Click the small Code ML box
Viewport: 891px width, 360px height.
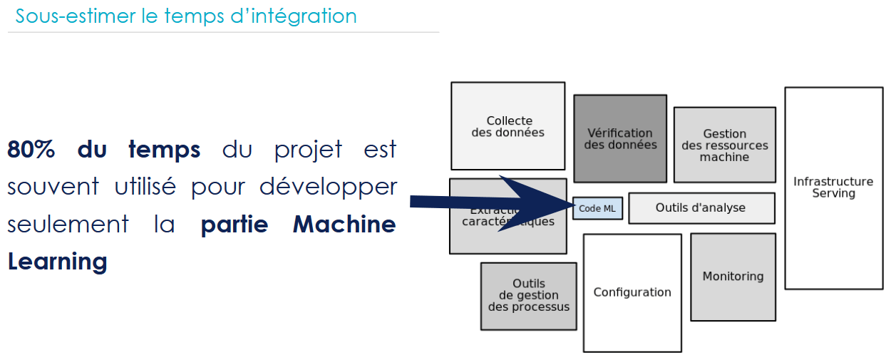pos(597,208)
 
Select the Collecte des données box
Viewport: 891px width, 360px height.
pos(508,126)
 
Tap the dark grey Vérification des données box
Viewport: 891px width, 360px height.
pos(620,138)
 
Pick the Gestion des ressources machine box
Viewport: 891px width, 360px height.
pos(724,145)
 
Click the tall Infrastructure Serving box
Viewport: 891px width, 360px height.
pos(833,187)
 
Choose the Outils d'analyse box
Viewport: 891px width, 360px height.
pos(701,207)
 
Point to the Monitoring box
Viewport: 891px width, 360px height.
pos(733,277)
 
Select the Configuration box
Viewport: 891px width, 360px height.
pos(632,292)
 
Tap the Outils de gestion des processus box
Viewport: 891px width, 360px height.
pos(528,296)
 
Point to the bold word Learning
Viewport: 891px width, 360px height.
pos(57,262)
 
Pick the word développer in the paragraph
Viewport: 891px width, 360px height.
pos(327,187)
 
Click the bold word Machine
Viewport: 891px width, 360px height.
pos(344,225)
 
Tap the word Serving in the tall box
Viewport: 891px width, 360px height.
pos(833,193)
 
